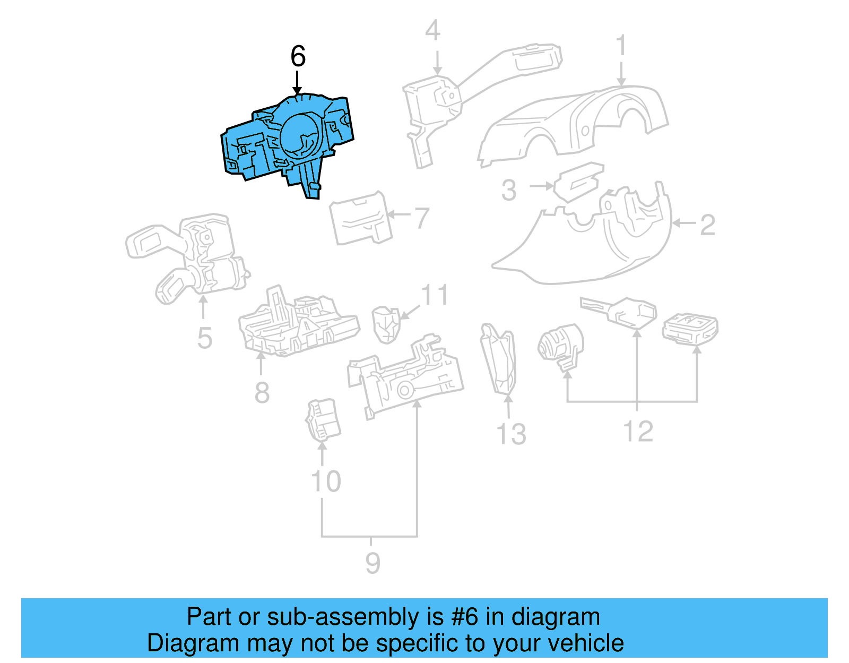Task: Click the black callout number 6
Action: click(298, 56)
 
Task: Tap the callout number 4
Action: click(432, 31)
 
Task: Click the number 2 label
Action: click(707, 225)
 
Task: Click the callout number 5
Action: click(205, 338)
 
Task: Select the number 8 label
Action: click(262, 393)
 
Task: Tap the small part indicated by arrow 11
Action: click(386, 324)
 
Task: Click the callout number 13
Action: click(511, 434)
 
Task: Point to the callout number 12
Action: click(638, 431)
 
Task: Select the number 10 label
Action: click(326, 481)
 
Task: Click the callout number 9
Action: click(372, 563)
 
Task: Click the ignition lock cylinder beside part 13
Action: click(560, 345)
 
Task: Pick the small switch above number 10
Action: click(323, 419)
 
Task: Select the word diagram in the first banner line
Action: click(556, 617)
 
